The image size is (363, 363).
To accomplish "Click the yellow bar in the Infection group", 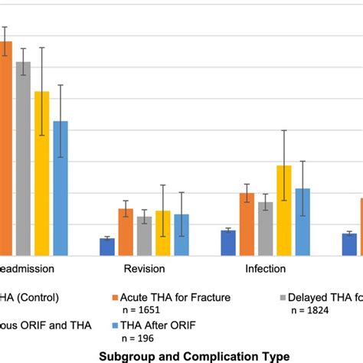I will [284, 211].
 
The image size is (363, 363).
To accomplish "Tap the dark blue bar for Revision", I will [107, 247].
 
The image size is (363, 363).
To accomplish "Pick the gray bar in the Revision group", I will [145, 236].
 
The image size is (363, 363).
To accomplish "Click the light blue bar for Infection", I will [302, 222].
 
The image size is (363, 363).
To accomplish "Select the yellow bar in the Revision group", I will [163, 233].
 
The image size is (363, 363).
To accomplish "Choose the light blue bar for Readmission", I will [60, 188].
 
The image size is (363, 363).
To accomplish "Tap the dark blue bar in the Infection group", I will [228, 243].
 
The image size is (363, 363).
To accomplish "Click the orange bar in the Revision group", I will [126, 232].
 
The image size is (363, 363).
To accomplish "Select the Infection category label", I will [265, 269].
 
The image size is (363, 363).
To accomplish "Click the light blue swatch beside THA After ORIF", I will [116, 325].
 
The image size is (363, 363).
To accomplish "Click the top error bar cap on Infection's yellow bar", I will [284, 130].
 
